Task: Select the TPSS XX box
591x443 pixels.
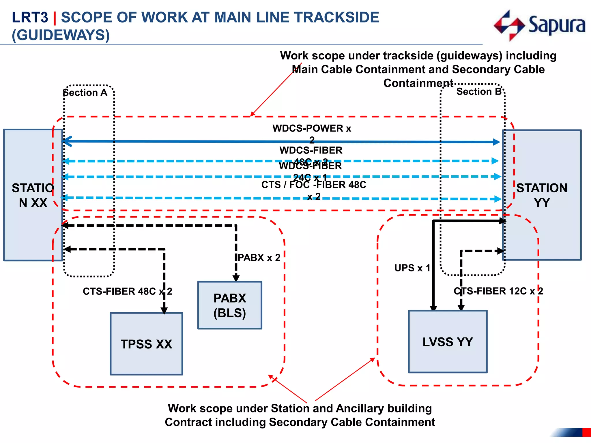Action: click(146, 344)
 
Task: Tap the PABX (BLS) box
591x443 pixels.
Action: click(230, 305)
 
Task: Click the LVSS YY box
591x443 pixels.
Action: click(448, 342)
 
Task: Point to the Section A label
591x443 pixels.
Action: click(85, 93)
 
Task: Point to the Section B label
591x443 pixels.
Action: click(479, 91)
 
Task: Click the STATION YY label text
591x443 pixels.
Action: click(542, 195)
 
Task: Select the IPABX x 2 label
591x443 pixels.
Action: click(258, 258)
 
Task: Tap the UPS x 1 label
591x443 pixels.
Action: click(412, 268)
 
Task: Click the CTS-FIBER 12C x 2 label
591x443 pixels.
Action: click(498, 291)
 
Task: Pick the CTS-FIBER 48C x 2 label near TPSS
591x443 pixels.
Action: click(127, 291)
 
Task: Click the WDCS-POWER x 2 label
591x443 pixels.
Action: click(312, 128)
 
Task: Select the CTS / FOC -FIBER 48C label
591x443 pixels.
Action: click(314, 185)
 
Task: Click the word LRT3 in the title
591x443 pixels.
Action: click(30, 17)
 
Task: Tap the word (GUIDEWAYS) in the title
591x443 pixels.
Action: click(61, 35)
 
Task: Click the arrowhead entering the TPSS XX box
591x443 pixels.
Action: click(164, 310)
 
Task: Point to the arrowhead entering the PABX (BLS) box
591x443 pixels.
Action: click(236, 278)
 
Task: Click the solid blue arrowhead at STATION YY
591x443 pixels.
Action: click(496, 142)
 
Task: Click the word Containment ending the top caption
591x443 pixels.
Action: click(418, 83)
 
